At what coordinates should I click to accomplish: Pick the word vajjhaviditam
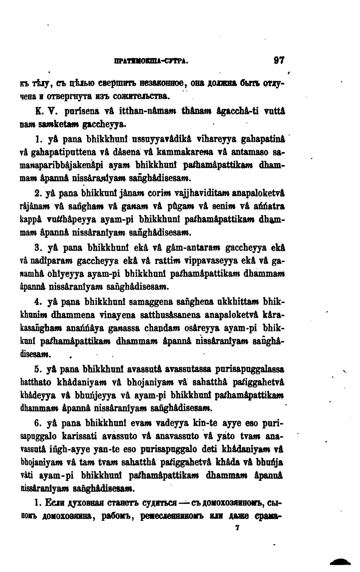190,193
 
